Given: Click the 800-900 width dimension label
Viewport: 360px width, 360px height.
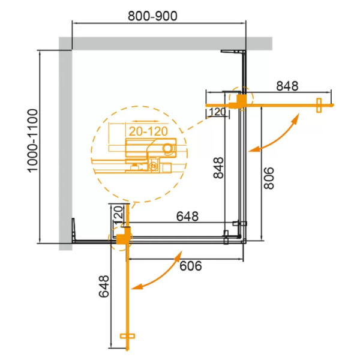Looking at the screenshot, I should [152, 17].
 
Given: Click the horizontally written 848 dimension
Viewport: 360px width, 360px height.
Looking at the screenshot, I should [287, 86].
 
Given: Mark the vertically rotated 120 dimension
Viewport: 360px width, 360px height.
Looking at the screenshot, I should [118, 214].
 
